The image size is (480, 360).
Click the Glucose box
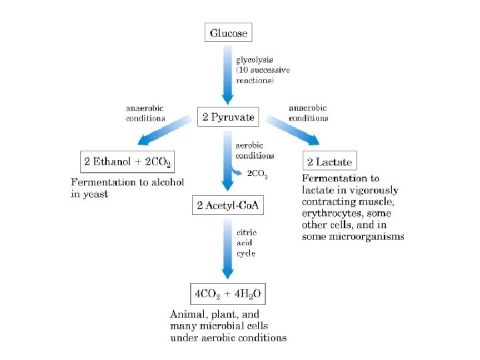(x=228, y=33)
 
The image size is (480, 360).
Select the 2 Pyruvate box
(x=227, y=117)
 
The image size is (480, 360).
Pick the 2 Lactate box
(x=329, y=161)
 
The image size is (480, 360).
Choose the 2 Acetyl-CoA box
(x=227, y=205)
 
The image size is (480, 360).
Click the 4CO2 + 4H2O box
(x=228, y=293)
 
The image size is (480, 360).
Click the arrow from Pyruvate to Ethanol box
(x=163, y=131)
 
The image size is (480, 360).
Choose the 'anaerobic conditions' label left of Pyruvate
(x=145, y=113)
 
